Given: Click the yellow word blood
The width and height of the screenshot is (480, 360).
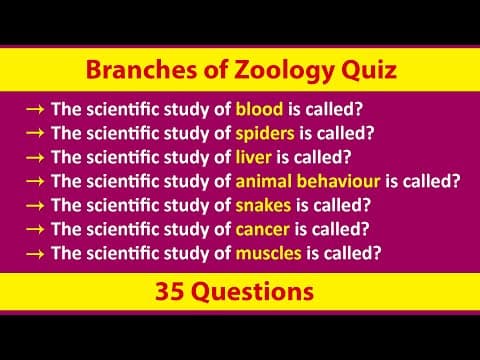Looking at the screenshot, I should pos(259,109).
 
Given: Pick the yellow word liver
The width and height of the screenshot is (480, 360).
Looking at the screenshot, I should pos(254,157).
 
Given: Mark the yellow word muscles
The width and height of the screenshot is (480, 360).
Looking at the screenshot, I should pos(268,253).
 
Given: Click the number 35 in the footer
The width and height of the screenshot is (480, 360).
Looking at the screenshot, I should pos(172,293).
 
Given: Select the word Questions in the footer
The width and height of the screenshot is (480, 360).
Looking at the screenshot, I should pos(254,293).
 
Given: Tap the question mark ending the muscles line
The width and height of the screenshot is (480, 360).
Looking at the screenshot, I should pos(376,253).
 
